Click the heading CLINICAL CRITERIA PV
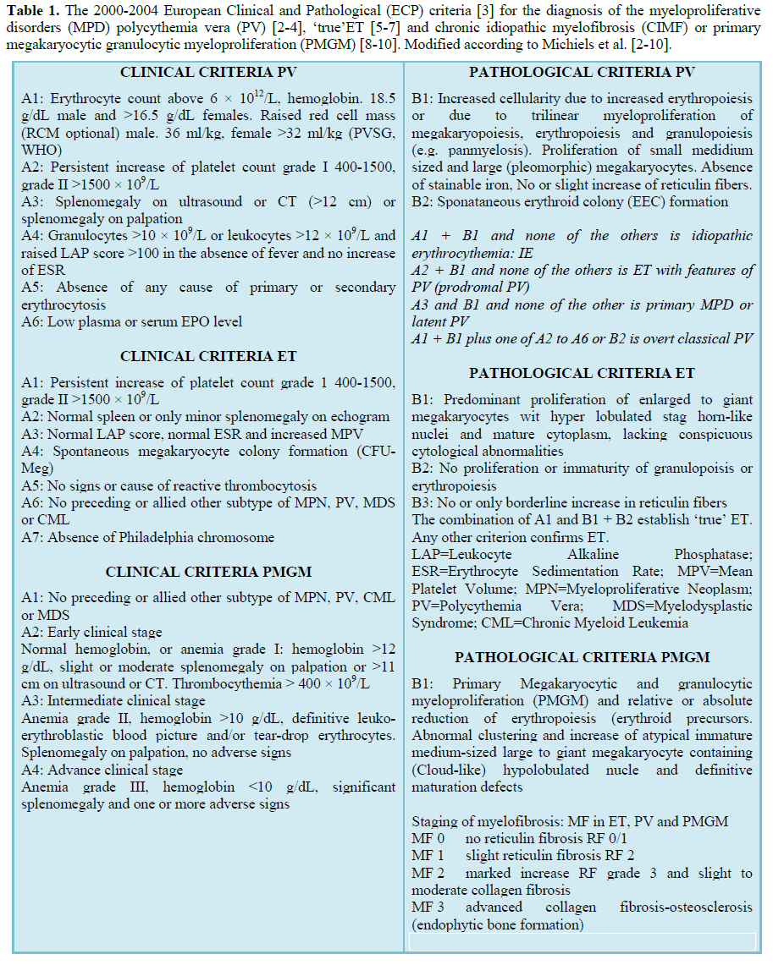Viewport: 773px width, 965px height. pyautogui.click(x=208, y=73)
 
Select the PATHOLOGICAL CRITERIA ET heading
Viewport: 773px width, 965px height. pyautogui.click(x=583, y=373)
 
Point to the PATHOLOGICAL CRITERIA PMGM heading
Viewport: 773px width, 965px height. pyautogui.click(x=583, y=657)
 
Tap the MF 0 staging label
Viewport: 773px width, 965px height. pyautogui.click(x=429, y=839)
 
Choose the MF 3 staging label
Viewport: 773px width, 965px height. pyautogui.click(x=429, y=907)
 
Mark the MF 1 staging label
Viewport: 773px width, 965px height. pyautogui.click(x=429, y=856)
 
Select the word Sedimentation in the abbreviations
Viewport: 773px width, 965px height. pyautogui.click(x=552, y=572)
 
